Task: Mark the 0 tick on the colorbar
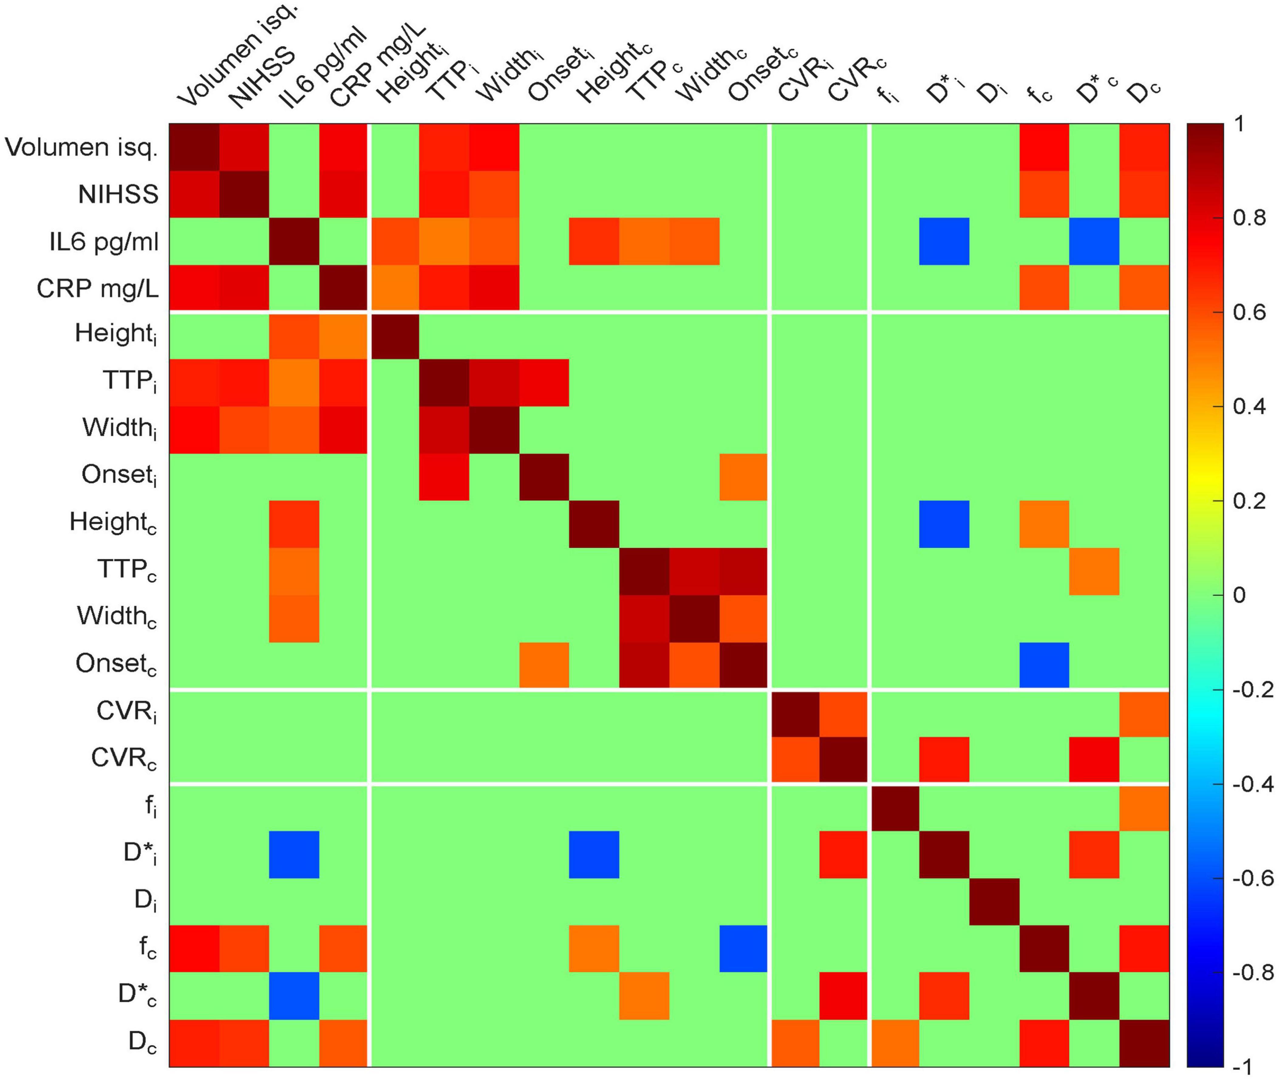(x=1239, y=595)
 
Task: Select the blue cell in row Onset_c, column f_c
(x=1044, y=665)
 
